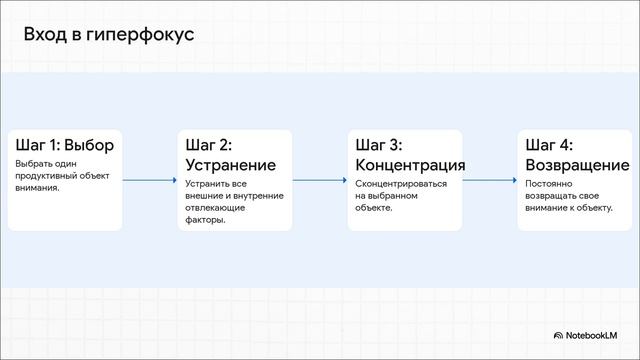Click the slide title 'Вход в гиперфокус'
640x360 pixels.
pyautogui.click(x=109, y=35)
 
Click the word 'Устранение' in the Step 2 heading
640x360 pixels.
pyautogui.click(x=231, y=165)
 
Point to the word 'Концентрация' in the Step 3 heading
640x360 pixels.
pyautogui.click(x=410, y=165)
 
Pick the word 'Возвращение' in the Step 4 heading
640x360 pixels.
pyautogui.click(x=577, y=165)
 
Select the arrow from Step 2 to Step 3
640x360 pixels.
pyautogui.click(x=320, y=181)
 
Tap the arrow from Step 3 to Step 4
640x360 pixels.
pyautogui.click(x=490, y=181)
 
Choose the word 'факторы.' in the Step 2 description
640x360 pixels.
pyautogui.click(x=205, y=220)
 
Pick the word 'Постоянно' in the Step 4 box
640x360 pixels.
pyautogui.click(x=548, y=184)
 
